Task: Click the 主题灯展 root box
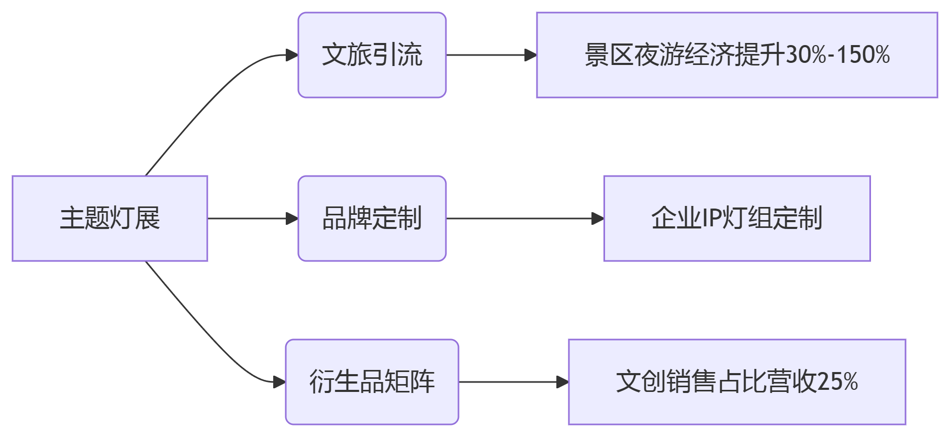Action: [110, 218]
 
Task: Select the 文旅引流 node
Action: [372, 55]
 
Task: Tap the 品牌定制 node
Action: [372, 218]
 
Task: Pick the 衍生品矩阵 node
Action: [372, 382]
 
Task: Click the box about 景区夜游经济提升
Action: [737, 55]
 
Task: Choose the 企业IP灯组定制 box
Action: [737, 218]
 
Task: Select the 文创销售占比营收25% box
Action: [737, 382]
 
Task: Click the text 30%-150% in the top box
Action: [837, 55]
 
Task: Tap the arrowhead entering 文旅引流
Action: [292, 55]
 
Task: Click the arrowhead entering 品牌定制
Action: [292, 218]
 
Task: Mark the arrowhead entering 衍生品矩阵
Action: [280, 382]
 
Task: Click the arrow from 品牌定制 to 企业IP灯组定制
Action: [523, 218]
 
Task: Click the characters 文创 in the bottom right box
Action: [640, 382]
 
